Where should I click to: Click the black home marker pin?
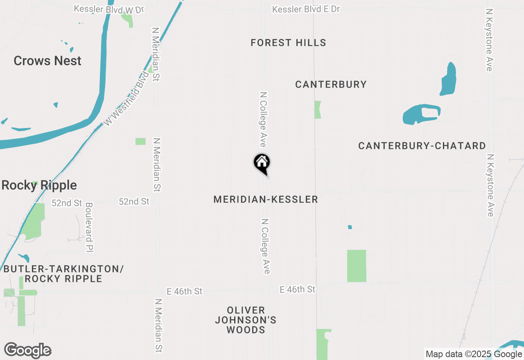[x=262, y=163]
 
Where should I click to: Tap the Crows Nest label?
[x=47, y=61]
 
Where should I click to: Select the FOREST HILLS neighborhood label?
[x=288, y=43]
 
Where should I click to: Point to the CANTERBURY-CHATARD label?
[x=422, y=146]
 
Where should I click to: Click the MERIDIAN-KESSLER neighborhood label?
[x=266, y=200]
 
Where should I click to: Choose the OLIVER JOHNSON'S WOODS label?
[x=246, y=320]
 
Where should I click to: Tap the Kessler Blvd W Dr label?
[x=109, y=9]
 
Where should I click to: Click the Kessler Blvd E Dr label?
[x=306, y=9]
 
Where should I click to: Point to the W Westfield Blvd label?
[x=125, y=99]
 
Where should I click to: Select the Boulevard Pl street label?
[x=89, y=227]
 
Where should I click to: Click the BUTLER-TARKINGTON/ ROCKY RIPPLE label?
[x=63, y=274]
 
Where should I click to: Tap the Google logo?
[x=28, y=351]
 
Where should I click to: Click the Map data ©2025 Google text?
[x=474, y=354]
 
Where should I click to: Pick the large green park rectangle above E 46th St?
[x=357, y=266]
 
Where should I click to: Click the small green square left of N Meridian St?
[x=140, y=142]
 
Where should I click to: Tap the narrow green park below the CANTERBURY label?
[x=318, y=110]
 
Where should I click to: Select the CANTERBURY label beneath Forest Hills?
[x=331, y=85]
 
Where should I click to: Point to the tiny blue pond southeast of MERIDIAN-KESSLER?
[x=350, y=227]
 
